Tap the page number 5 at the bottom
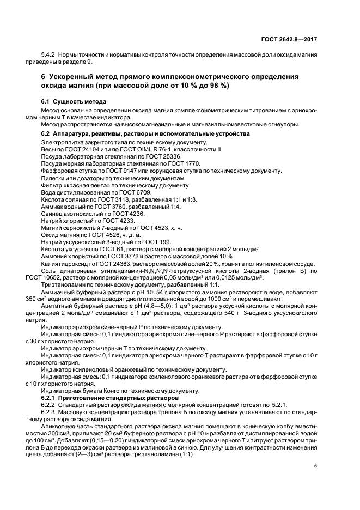(316, 466)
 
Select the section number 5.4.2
(49, 56)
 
